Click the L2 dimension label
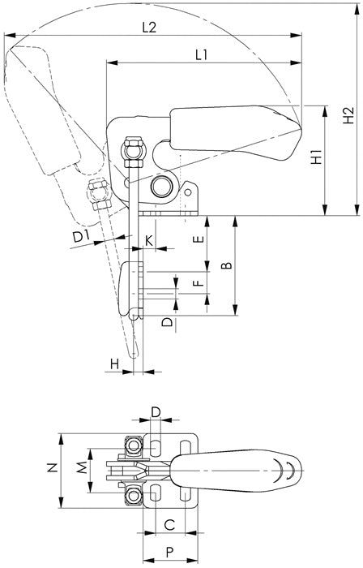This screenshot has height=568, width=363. tap(149, 27)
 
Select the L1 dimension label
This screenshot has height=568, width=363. tap(202, 55)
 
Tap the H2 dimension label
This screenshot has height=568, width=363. tap(348, 115)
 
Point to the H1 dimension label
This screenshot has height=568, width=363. tap(316, 156)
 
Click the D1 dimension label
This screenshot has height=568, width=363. tap(81, 237)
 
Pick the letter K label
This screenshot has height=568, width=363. tap(148, 240)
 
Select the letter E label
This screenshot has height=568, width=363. tap(199, 239)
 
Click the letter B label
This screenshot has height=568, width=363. tap(227, 265)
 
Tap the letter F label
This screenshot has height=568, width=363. tap(199, 282)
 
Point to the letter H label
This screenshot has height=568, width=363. tap(114, 364)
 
